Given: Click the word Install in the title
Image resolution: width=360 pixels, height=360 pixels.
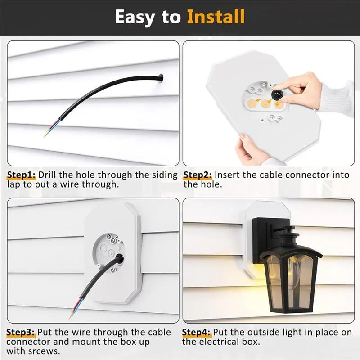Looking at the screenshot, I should [x=216, y=17].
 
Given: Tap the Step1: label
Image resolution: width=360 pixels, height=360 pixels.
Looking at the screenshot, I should [x=22, y=175].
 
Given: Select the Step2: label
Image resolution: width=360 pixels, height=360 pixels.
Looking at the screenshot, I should [x=198, y=175].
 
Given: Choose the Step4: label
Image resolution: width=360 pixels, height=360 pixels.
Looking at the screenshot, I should [x=197, y=333].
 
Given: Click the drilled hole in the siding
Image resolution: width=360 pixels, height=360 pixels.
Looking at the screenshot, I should [x=161, y=79].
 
